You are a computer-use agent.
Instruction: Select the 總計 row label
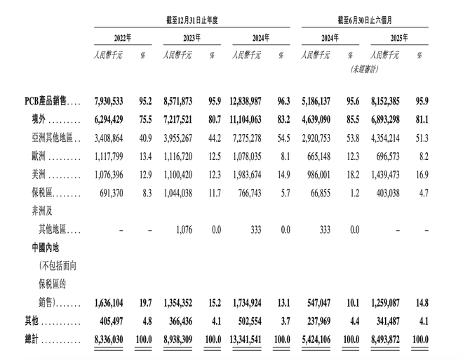point(32,340)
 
